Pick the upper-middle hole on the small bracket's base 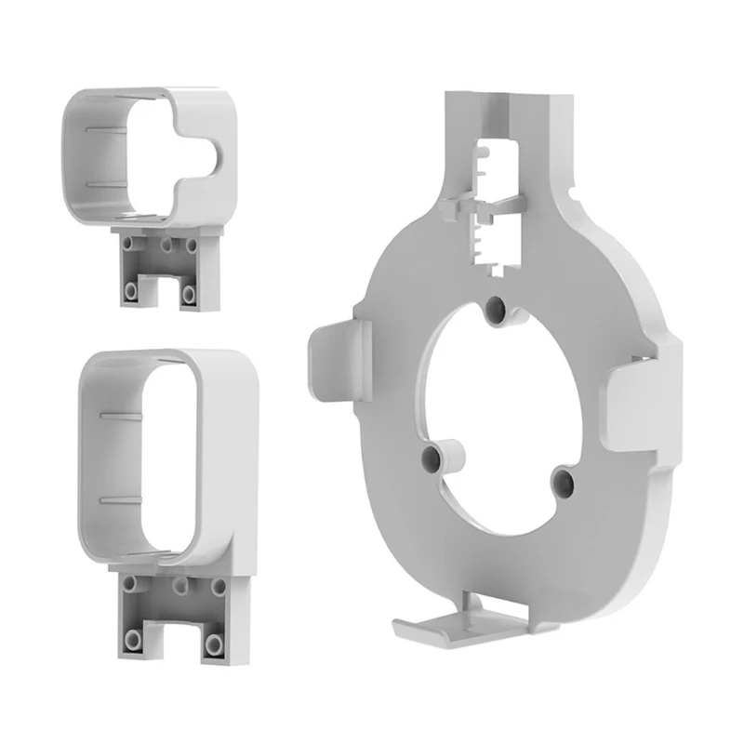point(166,246)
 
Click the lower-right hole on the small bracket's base point(190,294)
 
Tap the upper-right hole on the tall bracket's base point(219,587)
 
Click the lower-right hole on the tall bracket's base point(218,642)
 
